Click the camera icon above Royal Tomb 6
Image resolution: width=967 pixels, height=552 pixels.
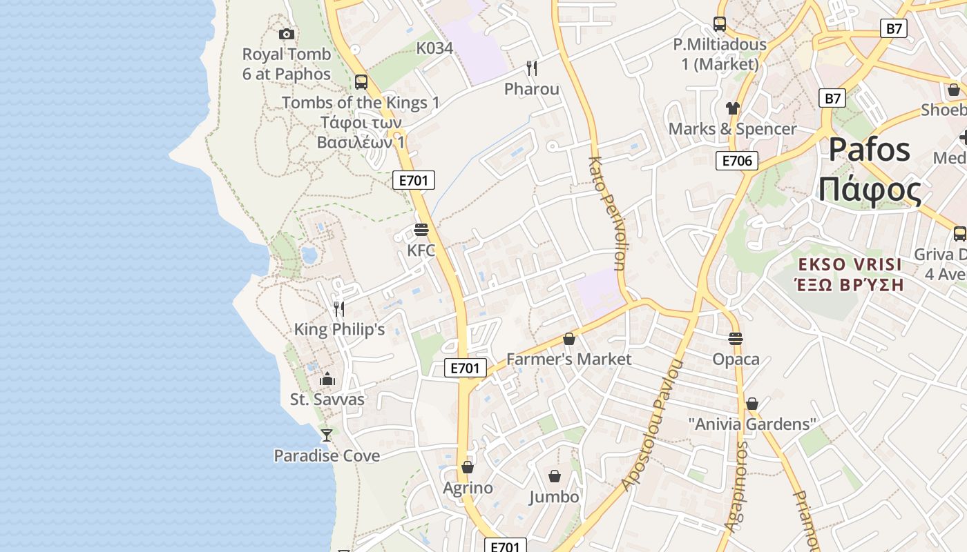coord(286,34)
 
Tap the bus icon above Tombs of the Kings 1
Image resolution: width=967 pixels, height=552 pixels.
coord(361,81)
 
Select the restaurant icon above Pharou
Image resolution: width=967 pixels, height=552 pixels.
coord(531,68)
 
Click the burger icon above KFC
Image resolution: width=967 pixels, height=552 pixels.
coord(421,229)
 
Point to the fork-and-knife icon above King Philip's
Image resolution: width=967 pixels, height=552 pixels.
coord(338,308)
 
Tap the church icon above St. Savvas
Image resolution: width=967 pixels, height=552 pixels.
coord(327,379)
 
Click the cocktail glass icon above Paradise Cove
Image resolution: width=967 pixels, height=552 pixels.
coord(327,435)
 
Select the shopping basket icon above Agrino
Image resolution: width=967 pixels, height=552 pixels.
coord(468,467)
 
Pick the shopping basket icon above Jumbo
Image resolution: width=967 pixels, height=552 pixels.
coord(554,476)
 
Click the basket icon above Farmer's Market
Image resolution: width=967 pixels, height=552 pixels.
coord(568,339)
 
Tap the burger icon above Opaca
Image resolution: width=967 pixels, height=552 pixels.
coord(736,339)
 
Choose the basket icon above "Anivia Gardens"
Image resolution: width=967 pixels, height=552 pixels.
coord(752,404)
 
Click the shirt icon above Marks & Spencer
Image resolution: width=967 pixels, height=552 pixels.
coord(732,108)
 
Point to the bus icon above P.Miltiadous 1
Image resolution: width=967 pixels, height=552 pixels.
coord(719,24)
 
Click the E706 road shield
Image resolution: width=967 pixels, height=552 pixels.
coord(736,161)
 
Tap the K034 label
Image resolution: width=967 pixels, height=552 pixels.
coord(434,48)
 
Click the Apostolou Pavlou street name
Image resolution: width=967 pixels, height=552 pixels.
coord(653,424)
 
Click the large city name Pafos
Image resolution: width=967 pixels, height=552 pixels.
coord(869,150)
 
